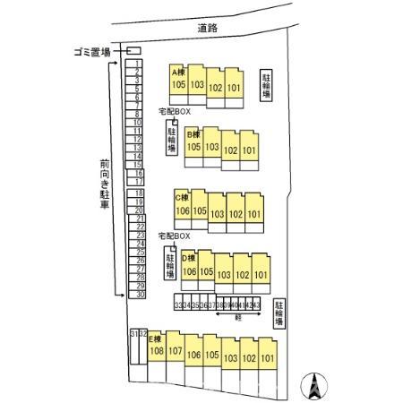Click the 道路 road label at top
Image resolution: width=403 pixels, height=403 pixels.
[211, 29]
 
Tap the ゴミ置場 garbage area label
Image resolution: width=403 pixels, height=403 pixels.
[92, 52]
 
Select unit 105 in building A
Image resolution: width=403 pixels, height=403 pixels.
[178, 84]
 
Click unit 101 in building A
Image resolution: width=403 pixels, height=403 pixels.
[235, 89]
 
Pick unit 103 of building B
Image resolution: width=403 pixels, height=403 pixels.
[212, 146]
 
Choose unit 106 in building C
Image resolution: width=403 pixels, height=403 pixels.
[183, 210]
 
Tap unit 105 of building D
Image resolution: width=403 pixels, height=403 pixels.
[206, 271]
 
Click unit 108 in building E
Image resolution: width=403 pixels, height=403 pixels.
[156, 351]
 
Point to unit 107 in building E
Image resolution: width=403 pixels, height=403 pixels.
[176, 351]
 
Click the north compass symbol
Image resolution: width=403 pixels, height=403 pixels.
[315, 387]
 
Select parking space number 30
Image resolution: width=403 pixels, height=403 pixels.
[140, 294]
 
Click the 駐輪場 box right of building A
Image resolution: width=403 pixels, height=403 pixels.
[267, 85]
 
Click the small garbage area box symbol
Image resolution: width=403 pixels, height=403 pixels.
[133, 51]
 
